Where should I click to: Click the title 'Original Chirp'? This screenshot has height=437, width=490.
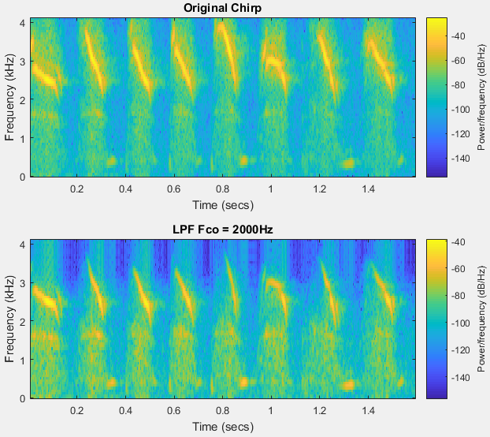coord(222,8)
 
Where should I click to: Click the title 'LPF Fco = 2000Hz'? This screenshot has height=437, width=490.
coord(222,229)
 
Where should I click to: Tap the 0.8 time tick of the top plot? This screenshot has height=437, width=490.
coord(222,189)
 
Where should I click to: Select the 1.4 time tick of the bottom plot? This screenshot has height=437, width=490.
coord(368,411)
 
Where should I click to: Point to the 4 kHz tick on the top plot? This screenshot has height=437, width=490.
coord(24,22)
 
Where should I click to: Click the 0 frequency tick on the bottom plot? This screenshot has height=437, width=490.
coord(24,398)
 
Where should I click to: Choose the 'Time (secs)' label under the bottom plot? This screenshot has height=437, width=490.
coord(222,426)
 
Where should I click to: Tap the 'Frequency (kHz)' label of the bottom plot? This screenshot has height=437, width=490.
coord(9,318)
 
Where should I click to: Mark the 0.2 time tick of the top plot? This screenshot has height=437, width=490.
coord(77,189)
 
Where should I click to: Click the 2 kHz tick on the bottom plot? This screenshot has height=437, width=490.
coord(24,321)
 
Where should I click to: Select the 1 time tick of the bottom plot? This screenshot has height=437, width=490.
coord(271,411)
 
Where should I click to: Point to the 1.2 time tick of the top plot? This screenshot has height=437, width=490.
coord(319,189)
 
